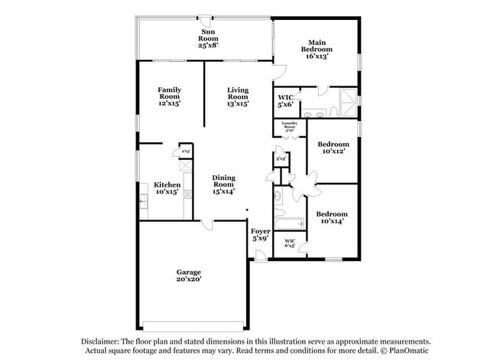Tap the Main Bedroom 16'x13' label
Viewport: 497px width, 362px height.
click(x=318, y=49)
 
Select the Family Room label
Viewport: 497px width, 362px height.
click(x=169, y=96)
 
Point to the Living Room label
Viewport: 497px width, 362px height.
click(x=238, y=96)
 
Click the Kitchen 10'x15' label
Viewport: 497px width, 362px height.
click(x=167, y=188)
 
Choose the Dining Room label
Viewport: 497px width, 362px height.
click(x=223, y=184)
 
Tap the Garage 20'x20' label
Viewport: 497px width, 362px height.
click(x=189, y=276)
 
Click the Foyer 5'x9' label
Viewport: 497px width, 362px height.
click(x=260, y=234)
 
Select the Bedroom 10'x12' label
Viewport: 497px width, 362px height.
click(x=333, y=147)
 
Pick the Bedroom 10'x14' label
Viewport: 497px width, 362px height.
click(x=333, y=217)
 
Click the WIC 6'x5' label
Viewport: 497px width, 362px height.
click(x=290, y=243)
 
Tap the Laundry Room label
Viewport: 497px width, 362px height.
click(x=289, y=127)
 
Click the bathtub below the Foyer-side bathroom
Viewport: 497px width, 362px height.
click(x=290, y=223)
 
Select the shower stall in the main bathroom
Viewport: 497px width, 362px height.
click(x=348, y=99)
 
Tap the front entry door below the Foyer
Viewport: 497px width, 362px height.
click(x=261, y=260)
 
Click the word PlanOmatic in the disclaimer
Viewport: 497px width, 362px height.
click(x=404, y=351)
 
